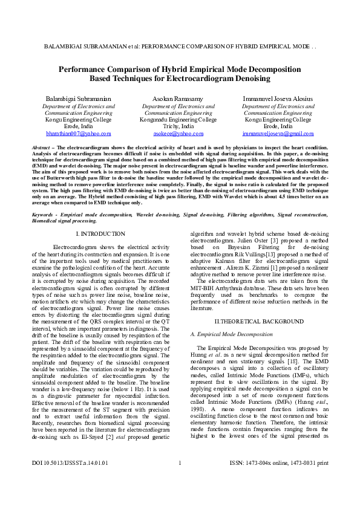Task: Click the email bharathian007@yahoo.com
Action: (x=79, y=134)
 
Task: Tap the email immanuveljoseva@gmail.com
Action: (x=278, y=134)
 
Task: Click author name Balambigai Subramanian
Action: (x=79, y=98)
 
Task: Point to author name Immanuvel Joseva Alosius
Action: (x=278, y=98)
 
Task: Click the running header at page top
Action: (x=180, y=46)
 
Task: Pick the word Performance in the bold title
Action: (x=83, y=69)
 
